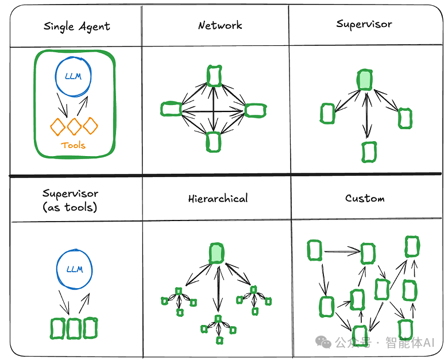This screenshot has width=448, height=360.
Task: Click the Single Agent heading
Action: (76, 27)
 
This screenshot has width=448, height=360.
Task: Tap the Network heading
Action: (219, 25)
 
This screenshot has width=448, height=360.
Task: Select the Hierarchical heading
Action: (218, 199)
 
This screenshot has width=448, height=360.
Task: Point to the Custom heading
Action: (365, 198)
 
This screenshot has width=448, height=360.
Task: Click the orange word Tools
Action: (73, 145)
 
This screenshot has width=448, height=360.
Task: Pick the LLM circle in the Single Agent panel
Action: (74, 77)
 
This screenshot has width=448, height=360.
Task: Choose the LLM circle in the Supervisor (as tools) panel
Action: (74, 269)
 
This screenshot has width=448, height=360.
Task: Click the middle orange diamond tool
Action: (74, 126)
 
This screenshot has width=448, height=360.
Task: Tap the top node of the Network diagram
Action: (214, 76)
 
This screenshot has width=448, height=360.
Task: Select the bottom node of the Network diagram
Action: (214, 141)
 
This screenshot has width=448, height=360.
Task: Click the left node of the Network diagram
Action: (171, 109)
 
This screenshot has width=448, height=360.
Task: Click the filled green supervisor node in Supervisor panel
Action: (365, 80)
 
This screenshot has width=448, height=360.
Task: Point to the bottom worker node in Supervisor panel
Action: (369, 152)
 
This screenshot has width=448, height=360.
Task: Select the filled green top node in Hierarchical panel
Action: (217, 253)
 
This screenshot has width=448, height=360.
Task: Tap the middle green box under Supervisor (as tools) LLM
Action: (74, 328)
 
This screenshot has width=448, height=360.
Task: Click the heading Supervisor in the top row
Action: (364, 24)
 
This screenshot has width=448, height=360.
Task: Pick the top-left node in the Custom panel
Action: (314, 250)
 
